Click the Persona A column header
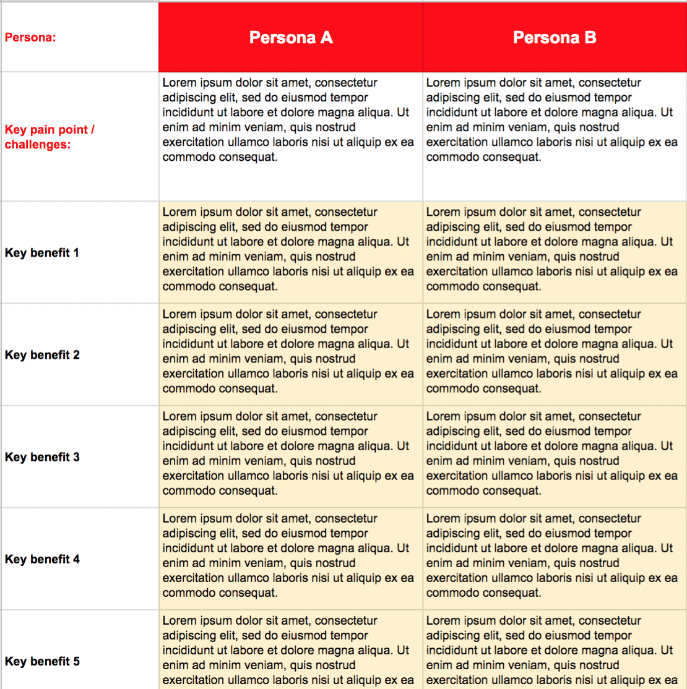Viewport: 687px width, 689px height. point(291,38)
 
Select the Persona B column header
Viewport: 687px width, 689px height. point(555,38)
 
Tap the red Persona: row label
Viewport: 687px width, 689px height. point(30,38)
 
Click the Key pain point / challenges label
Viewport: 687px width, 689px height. point(50,137)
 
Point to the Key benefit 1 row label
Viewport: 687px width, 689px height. point(42,253)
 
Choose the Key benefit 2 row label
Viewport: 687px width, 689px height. point(42,355)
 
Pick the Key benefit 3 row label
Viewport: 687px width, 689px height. point(42,457)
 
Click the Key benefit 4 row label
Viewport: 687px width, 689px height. point(42,559)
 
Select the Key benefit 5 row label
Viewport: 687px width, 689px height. point(42,661)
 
